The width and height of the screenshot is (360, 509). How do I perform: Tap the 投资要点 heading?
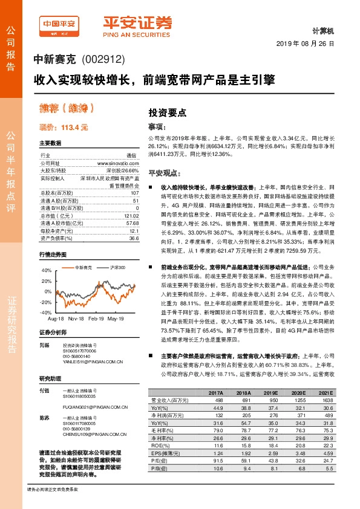pos(168,113)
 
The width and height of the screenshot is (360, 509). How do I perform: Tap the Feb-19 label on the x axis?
pos(97,318)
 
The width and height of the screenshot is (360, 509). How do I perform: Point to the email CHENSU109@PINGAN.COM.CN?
pos(91,433)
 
